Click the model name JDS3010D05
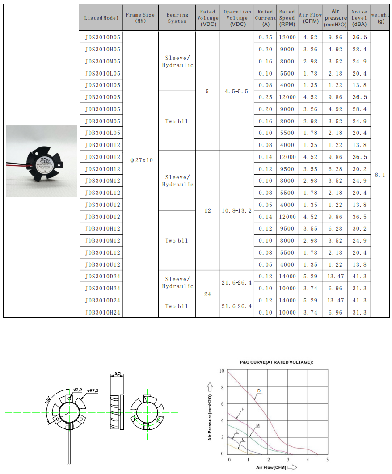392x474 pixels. tap(102, 37)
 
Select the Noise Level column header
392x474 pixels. tap(359, 18)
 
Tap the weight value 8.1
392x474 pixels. tap(379, 175)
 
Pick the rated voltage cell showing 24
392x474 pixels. tap(207, 294)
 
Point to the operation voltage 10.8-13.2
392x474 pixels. tap(237, 210)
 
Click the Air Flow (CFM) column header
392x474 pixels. tap(310, 18)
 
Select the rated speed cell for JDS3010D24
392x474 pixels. tap(287, 277)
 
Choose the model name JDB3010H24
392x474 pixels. tap(102, 312)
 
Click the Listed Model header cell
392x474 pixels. tap(102, 18)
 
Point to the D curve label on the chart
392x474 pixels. tap(258, 391)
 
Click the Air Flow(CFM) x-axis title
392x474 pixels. tap(271, 467)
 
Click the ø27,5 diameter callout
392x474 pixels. tap(92, 391)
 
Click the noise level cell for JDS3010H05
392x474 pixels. tap(359, 49)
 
